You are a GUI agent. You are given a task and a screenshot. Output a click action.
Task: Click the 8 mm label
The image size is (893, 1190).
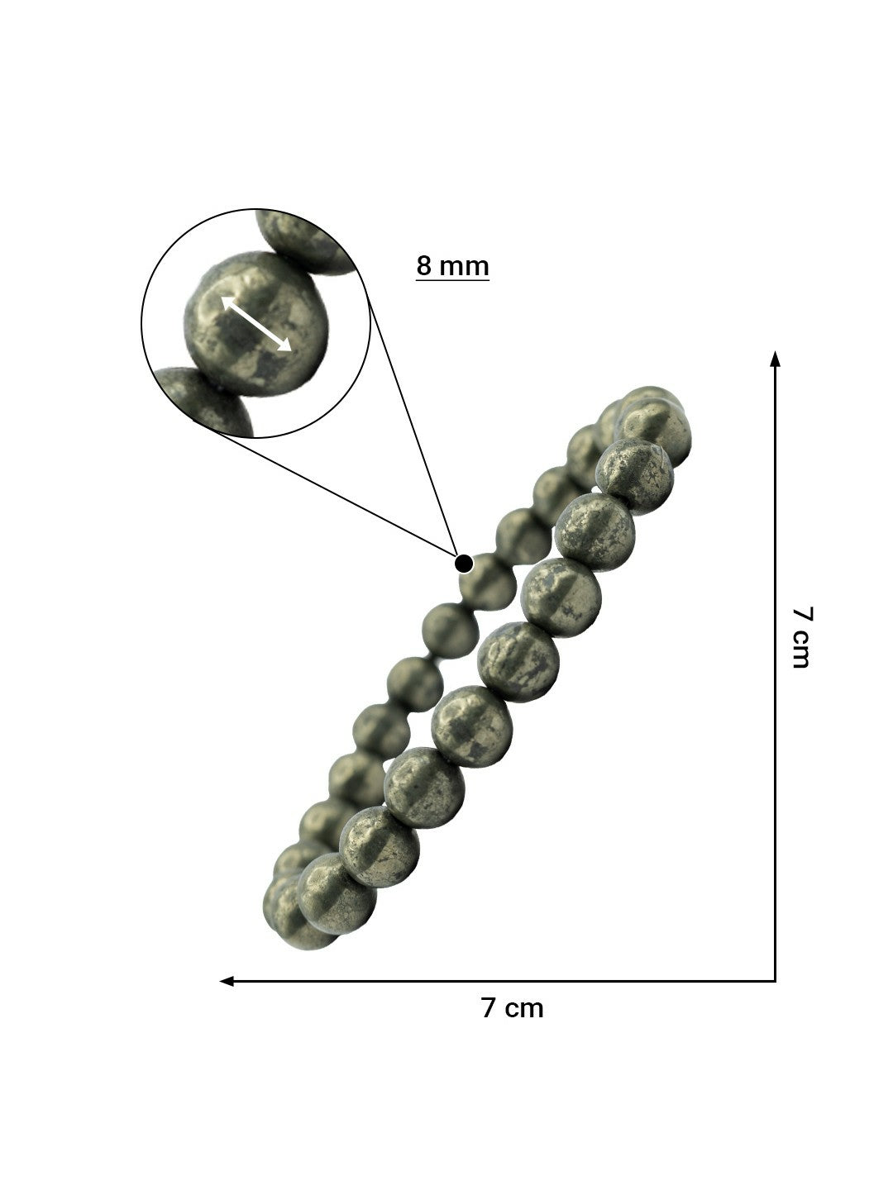pyautogui.click(x=452, y=266)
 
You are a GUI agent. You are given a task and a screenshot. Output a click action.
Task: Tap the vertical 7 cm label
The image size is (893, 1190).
pyautogui.click(x=801, y=636)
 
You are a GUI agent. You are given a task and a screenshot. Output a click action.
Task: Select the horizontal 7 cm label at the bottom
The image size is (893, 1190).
pyautogui.click(x=513, y=1008)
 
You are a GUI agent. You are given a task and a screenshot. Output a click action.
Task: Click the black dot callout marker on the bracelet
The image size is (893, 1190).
pyautogui.click(x=464, y=564)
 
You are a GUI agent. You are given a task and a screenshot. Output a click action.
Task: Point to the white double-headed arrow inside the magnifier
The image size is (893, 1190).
pyautogui.click(x=255, y=324)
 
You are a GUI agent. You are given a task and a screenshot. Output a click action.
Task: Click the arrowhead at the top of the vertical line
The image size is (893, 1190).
pyautogui.click(x=775, y=358)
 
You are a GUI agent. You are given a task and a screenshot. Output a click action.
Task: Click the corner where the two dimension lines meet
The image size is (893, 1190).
pyautogui.click(x=775, y=981)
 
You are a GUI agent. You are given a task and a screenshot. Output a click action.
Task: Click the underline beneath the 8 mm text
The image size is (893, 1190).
pyautogui.click(x=452, y=281)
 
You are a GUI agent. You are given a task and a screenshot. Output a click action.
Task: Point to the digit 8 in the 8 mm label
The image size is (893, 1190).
pyautogui.click(x=424, y=266)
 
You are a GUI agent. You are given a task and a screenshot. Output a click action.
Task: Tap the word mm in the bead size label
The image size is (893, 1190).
pyautogui.click(x=464, y=266)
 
